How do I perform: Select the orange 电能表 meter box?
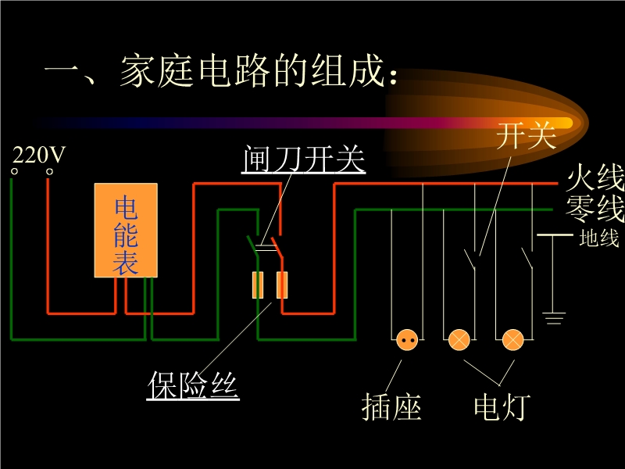[x=126, y=231]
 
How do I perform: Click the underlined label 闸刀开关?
[x=304, y=159]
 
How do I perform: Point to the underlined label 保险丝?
[x=193, y=385]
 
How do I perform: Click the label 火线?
[x=596, y=179]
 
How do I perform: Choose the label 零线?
[x=596, y=209]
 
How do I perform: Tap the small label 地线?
[x=599, y=238]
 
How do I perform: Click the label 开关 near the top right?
[x=526, y=137]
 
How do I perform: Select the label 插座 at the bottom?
[x=391, y=407]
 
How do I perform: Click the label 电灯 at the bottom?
[x=502, y=407]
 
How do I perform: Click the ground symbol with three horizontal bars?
[x=554, y=317]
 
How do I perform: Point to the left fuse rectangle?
[x=258, y=285]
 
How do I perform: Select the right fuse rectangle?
[x=282, y=285]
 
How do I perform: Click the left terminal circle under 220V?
[x=14, y=170]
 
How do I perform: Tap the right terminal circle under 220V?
[x=50, y=170]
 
